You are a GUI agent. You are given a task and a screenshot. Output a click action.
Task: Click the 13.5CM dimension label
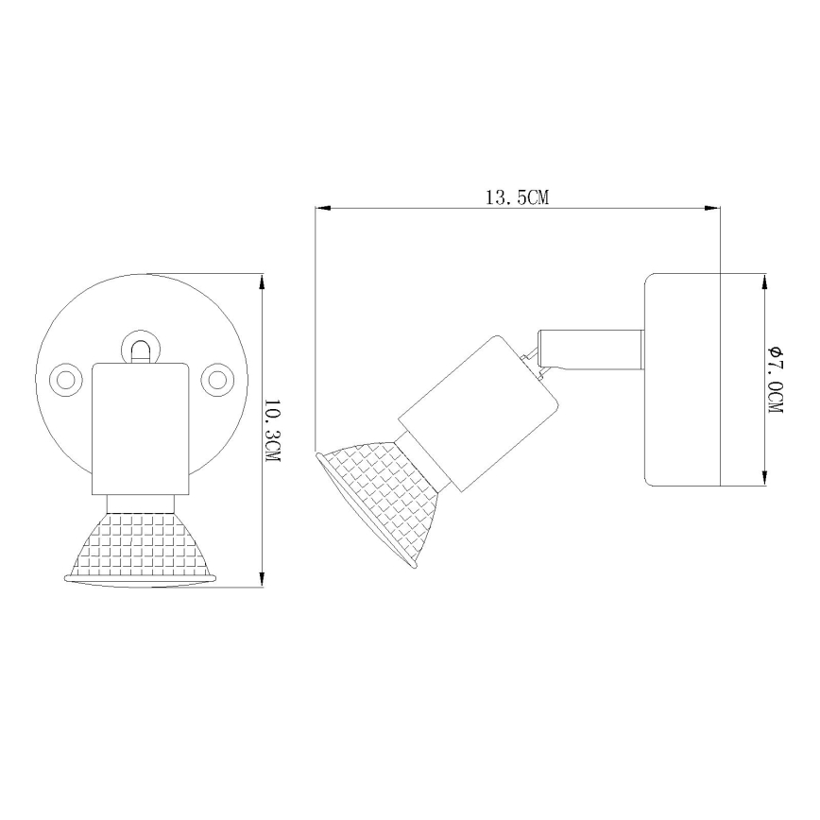coord(517,197)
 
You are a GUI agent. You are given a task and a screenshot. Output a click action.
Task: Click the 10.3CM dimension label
coord(273,430)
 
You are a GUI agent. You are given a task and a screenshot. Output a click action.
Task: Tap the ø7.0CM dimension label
coord(776,381)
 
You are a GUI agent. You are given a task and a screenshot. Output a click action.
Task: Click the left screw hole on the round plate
coord(66,379)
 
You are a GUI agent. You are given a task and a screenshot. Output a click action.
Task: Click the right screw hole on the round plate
coord(218,379)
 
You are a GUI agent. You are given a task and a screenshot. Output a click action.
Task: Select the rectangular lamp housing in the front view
coord(141,430)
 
